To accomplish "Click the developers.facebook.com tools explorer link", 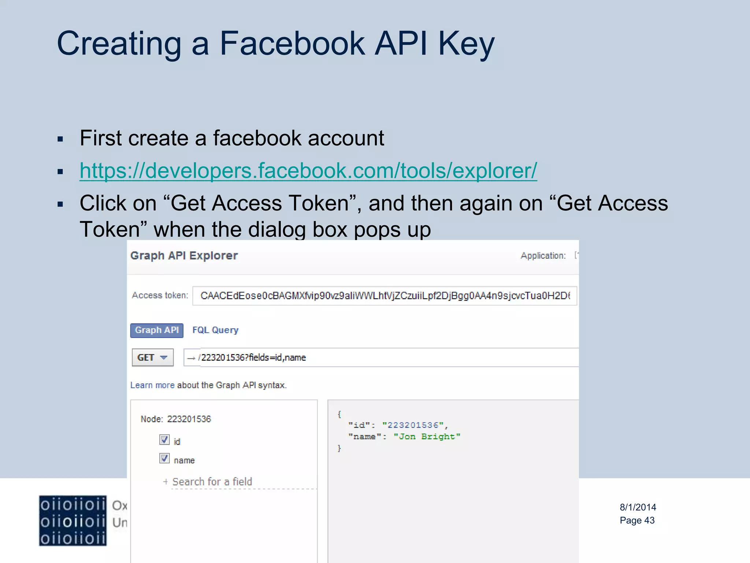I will click(308, 171).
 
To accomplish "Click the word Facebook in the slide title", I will click(292, 44).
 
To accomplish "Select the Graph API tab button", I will click(157, 330).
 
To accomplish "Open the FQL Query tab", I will click(215, 330).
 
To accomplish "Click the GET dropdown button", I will click(152, 357).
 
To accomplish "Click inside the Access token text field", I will click(385, 296).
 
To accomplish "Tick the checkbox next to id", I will click(164, 439).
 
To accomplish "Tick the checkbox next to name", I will click(164, 458).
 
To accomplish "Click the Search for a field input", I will click(212, 482).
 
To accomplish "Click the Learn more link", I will click(152, 385).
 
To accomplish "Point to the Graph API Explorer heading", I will click(184, 255).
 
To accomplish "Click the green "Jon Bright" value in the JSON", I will click(427, 437).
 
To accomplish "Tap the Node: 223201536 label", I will click(176, 419).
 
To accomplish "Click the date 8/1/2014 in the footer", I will click(638, 507).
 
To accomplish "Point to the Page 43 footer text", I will click(637, 520).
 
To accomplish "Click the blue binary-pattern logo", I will click(73, 521).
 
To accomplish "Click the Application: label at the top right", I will click(543, 255).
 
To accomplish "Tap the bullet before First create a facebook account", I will click(60, 139).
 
